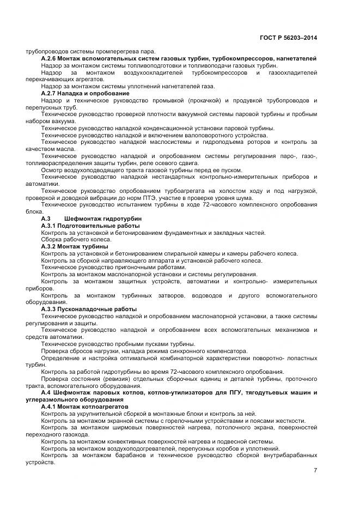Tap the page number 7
tap(315, 470)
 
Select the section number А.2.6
tap(50, 58)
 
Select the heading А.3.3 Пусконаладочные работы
tap(88, 309)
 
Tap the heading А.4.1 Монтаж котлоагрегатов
tap(84, 407)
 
